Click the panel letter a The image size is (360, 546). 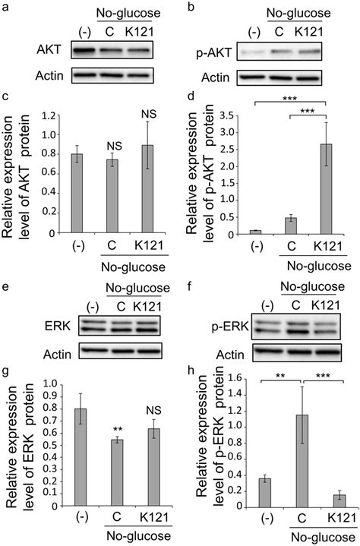(7, 8)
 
